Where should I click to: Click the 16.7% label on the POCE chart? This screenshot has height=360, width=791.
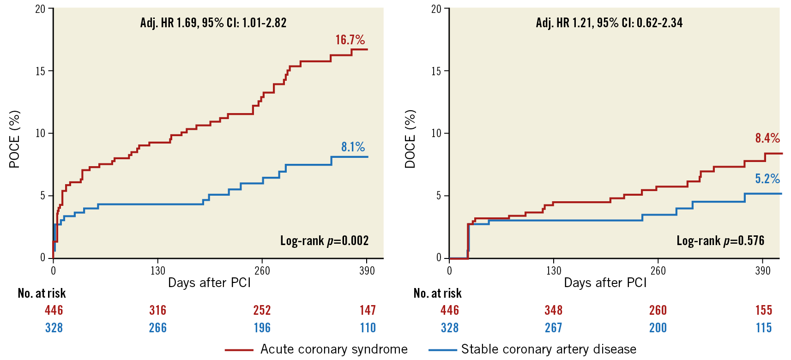pyautogui.click(x=350, y=40)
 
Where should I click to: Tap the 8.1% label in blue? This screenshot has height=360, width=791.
pyautogui.click(x=353, y=147)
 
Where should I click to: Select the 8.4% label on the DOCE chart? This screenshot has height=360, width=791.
pyautogui.click(x=767, y=138)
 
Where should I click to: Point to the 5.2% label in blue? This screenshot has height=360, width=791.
pyautogui.click(x=767, y=179)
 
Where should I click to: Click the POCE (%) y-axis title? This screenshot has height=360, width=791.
pyautogui.click(x=15, y=139)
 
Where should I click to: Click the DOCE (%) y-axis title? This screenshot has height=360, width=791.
pyautogui.click(x=411, y=139)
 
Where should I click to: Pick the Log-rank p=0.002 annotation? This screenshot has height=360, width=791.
pyautogui.click(x=324, y=240)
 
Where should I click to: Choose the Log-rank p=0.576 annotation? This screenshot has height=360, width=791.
pyautogui.click(x=720, y=240)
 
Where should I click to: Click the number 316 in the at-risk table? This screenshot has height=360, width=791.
pyautogui.click(x=157, y=310)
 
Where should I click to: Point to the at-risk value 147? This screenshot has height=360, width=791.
pyautogui.click(x=368, y=310)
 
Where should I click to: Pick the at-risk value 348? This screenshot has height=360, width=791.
pyautogui.click(x=553, y=310)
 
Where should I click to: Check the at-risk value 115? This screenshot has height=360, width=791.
pyautogui.click(x=763, y=328)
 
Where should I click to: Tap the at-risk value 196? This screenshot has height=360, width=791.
pyautogui.click(x=262, y=328)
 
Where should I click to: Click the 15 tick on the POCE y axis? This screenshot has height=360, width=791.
pyautogui.click(x=41, y=71)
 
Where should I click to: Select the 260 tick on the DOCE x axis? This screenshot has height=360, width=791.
pyautogui.click(x=658, y=270)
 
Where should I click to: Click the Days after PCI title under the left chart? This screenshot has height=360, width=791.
pyautogui.click(x=209, y=282)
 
